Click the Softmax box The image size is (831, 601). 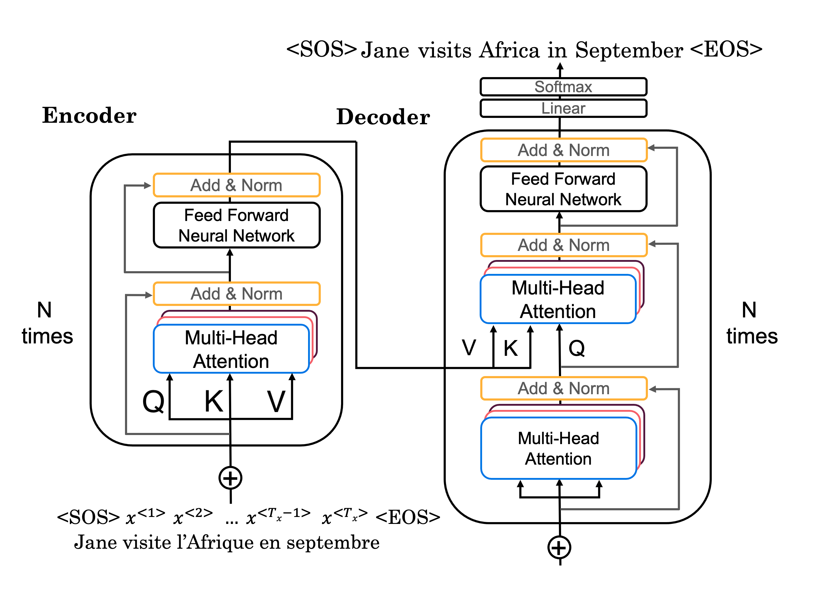(x=563, y=87)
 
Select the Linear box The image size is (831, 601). (x=563, y=108)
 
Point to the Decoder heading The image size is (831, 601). (x=383, y=117)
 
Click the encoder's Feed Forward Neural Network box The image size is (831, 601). (x=237, y=225)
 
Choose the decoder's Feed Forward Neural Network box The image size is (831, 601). (x=563, y=189)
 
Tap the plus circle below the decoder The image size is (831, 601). (x=559, y=548)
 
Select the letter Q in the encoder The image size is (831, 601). (x=153, y=401)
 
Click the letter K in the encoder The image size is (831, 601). (x=214, y=401)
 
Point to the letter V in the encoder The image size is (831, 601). (x=276, y=401)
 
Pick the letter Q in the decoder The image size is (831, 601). (x=577, y=348)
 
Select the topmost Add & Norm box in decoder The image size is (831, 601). (x=564, y=150)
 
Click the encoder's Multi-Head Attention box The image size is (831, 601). (x=231, y=349)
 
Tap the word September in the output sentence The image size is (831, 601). (x=629, y=50)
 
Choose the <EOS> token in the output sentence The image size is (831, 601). (x=726, y=49)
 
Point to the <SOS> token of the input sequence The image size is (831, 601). (x=88, y=517)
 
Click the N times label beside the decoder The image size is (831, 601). (x=752, y=323)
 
